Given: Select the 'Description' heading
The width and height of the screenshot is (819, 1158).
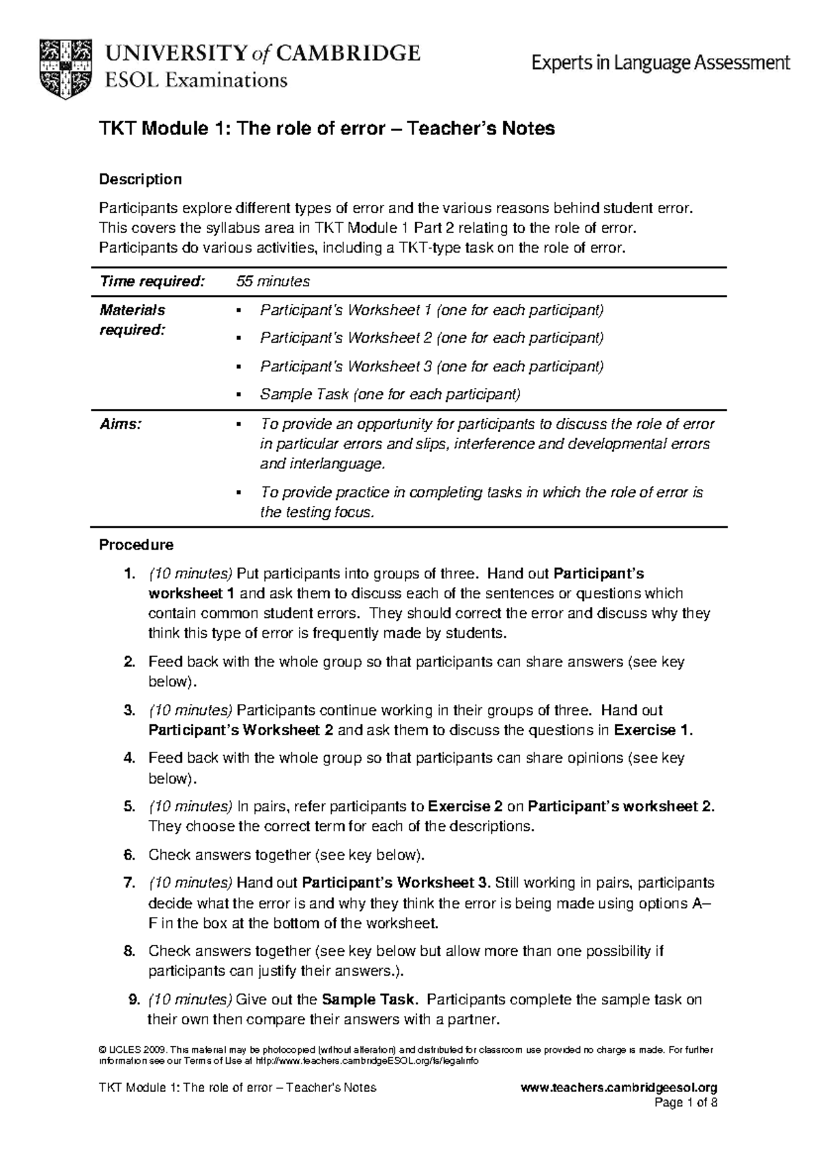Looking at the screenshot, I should (x=141, y=180).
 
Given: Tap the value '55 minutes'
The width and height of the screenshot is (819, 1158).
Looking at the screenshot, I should (x=272, y=281).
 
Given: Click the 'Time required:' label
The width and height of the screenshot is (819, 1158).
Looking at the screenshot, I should (x=152, y=281).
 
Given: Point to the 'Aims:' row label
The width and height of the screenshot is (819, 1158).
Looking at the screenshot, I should (x=120, y=424).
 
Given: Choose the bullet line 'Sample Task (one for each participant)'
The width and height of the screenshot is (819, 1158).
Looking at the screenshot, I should (x=390, y=395).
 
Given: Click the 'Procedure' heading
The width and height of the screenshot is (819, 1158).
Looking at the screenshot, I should (x=136, y=545).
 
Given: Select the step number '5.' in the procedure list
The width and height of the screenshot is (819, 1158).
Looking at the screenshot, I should (x=130, y=806).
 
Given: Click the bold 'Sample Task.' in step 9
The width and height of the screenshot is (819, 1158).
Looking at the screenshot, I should (x=368, y=1000).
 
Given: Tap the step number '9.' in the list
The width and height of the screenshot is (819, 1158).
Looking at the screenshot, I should (x=134, y=1000).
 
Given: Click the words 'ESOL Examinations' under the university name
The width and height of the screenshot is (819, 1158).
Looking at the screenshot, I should (x=195, y=81).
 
